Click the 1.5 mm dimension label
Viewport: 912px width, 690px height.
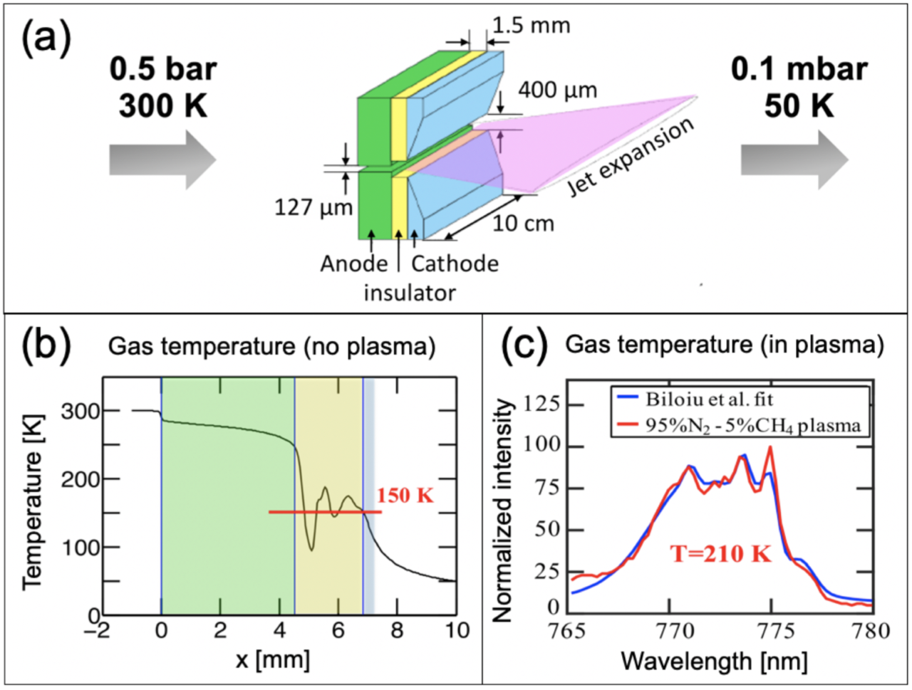531,26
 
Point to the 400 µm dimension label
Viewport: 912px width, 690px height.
557,90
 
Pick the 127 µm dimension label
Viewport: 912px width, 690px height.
313,207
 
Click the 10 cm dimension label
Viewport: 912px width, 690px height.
523,224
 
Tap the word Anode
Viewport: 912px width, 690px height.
353,263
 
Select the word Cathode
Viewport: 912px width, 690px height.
455,263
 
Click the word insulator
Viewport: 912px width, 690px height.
410,292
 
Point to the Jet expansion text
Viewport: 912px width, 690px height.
631,157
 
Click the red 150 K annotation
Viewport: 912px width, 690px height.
405,495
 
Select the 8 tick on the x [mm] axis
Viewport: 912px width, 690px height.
398,630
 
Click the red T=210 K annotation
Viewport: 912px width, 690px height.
720,553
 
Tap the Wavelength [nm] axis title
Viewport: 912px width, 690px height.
714,661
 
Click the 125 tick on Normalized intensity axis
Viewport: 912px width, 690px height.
542,404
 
